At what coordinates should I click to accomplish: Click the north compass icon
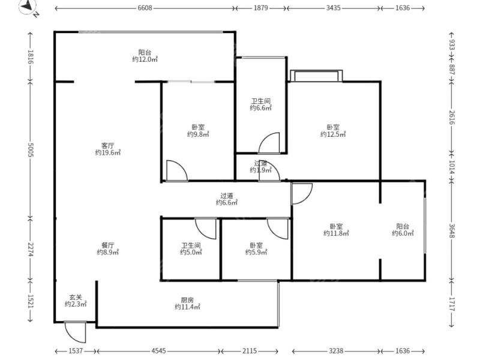point(28,7)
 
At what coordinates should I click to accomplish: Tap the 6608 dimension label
point(145,8)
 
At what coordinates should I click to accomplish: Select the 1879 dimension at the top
point(261,8)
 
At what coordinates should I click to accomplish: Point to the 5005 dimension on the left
point(31,149)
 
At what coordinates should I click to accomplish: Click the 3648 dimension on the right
point(452,230)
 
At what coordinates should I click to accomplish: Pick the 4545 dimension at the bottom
point(158,351)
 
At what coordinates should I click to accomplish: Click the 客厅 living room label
point(108,145)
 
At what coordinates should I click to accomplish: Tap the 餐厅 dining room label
point(108,245)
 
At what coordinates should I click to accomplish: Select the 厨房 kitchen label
point(187,300)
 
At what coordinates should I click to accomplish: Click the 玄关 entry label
point(76,297)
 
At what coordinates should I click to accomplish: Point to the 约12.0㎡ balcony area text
point(145,59)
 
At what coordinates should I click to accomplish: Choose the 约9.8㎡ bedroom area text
point(198,134)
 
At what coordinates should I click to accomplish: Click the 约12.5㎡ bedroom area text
point(333,134)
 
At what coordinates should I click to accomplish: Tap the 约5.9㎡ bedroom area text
point(256,252)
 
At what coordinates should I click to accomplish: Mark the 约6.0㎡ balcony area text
point(403,233)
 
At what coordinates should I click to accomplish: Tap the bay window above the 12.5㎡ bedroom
point(316,76)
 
